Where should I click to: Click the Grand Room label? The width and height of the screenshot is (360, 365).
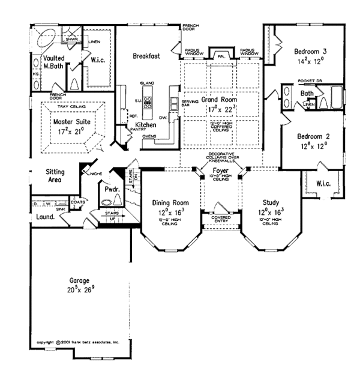pyautogui.click(x=218, y=100)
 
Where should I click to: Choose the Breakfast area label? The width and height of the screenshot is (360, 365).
pyautogui.click(x=146, y=56)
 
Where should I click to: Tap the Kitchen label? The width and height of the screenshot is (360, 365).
pyautogui.click(x=146, y=124)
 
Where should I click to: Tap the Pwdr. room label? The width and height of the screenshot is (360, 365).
pyautogui.click(x=111, y=188)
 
